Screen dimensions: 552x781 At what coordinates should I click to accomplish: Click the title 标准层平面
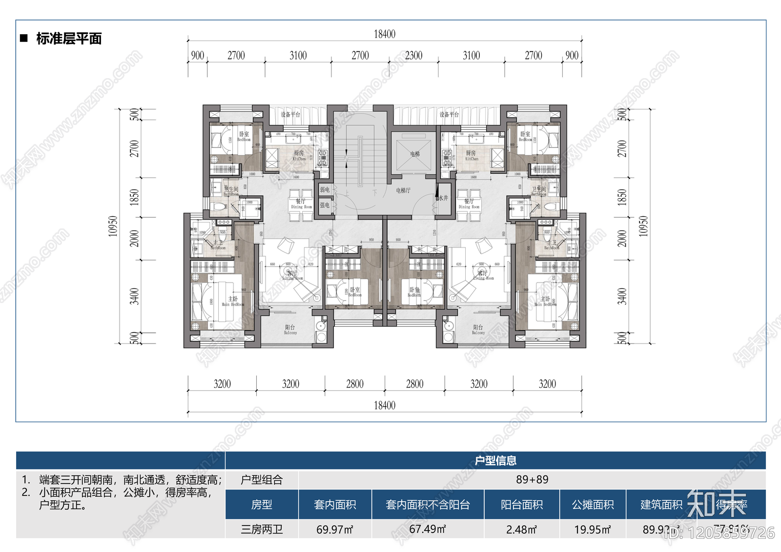coord(69,39)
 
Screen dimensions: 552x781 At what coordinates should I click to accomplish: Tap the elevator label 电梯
coord(415,154)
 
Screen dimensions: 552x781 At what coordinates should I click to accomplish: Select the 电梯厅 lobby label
coord(403,190)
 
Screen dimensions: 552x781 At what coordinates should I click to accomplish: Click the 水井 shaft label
coord(443,198)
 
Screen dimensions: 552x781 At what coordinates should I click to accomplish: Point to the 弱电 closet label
coord(325,190)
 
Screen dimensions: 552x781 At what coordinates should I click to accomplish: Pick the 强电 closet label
coord(325,205)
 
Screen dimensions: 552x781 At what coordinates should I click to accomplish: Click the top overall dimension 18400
coord(385,34)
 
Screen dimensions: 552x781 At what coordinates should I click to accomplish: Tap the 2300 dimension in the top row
coord(413,56)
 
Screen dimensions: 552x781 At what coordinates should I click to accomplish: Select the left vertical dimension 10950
coord(113,226)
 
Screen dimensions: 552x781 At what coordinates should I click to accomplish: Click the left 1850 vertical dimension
coord(134,197)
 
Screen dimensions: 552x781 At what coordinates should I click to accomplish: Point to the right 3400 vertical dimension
coord(622,296)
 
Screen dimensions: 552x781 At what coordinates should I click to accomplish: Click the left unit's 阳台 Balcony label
coord(290,329)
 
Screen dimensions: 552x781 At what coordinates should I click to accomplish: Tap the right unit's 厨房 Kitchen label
coord(471,155)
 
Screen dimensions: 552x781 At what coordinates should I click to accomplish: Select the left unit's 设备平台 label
coord(290,114)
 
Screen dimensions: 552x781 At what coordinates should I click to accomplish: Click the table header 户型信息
coord(495,460)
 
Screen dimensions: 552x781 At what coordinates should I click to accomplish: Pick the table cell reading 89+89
coord(532,479)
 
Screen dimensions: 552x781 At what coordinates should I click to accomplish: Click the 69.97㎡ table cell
coord(335,529)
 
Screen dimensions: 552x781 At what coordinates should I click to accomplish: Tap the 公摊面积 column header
coord(593,504)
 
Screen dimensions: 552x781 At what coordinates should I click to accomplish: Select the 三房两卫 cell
coord(262,529)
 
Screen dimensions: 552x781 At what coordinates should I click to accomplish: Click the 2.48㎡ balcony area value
coord(521,529)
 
